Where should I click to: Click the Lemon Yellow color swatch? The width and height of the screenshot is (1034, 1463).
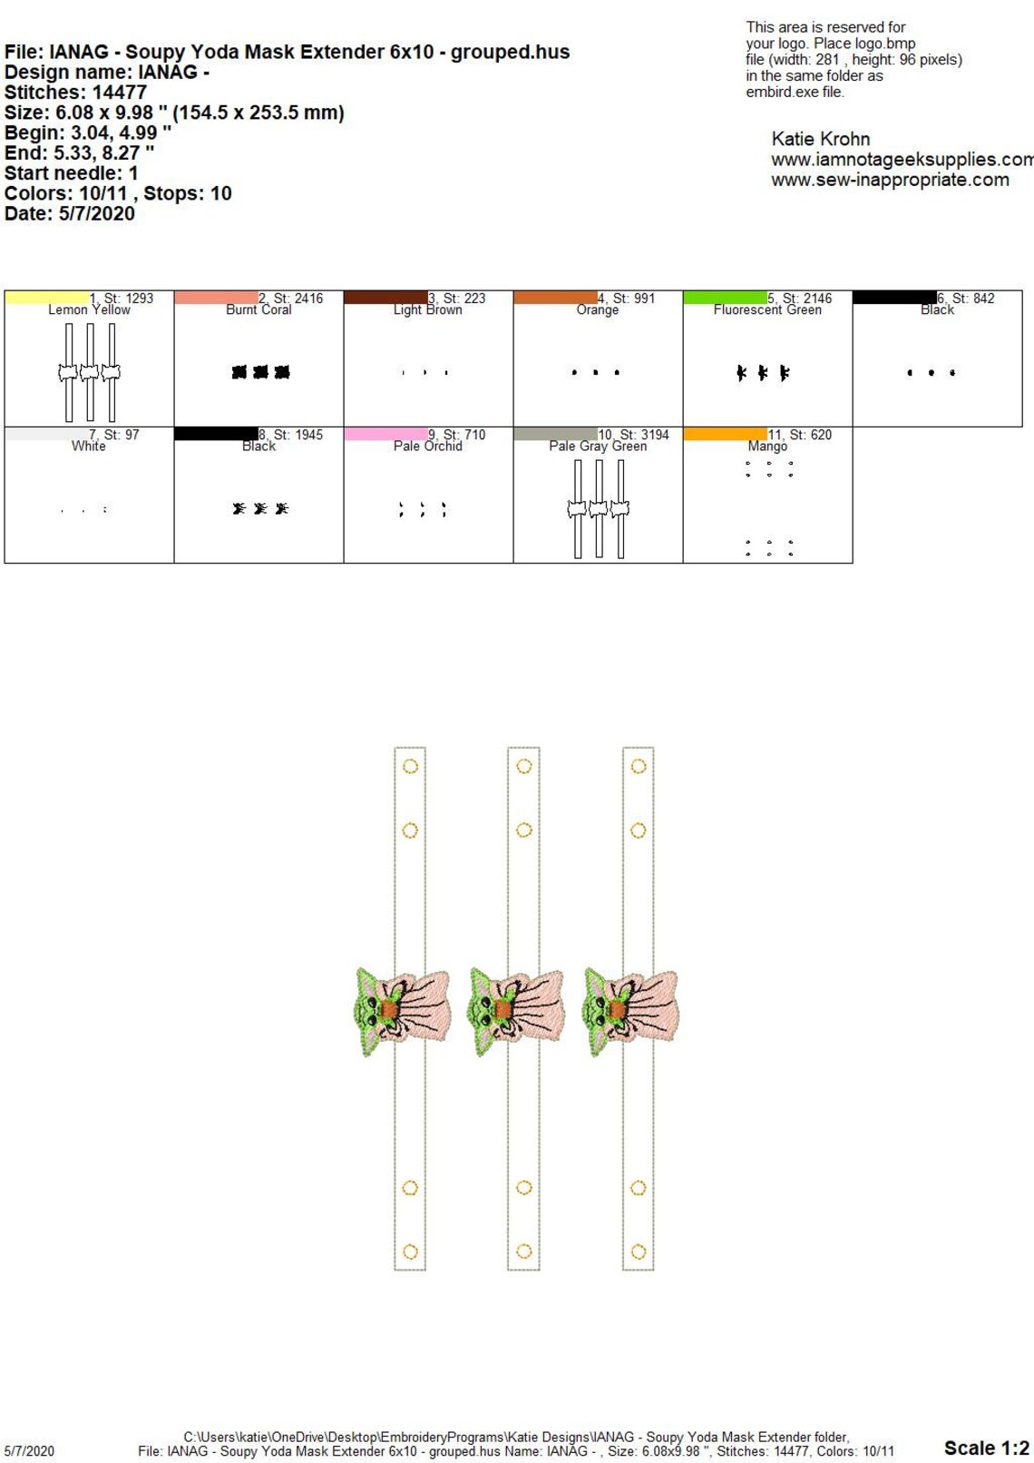(x=47, y=297)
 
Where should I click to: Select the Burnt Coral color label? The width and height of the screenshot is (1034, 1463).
(x=258, y=309)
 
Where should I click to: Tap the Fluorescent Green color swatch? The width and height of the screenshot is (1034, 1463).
(x=726, y=297)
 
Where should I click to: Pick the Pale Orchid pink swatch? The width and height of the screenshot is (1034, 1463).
(x=385, y=434)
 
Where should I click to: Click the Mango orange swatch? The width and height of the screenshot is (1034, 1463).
(x=726, y=434)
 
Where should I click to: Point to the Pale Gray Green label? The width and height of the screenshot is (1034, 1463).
(x=598, y=447)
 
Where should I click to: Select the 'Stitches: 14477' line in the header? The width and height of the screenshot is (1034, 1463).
(x=75, y=92)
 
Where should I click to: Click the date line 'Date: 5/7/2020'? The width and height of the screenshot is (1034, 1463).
(x=69, y=213)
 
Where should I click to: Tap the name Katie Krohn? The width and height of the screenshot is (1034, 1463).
(x=821, y=139)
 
